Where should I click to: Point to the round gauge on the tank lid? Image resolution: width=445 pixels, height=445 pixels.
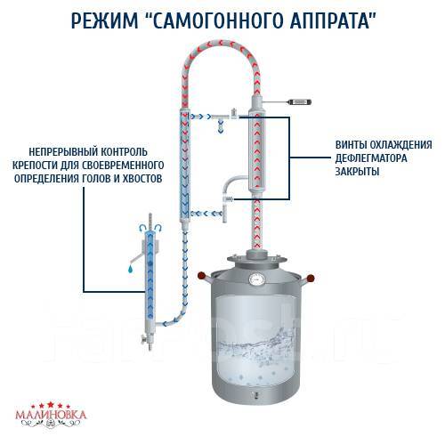pyautogui.click(x=257, y=280)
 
